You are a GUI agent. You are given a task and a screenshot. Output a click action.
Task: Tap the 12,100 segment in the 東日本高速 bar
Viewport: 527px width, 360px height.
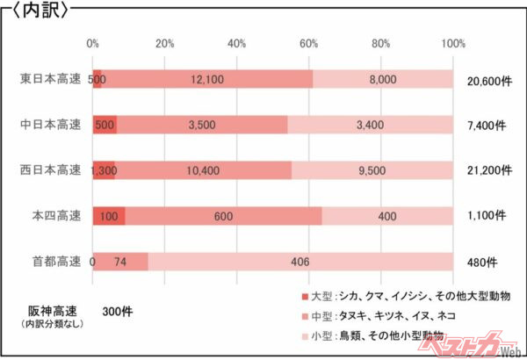coord(207,80)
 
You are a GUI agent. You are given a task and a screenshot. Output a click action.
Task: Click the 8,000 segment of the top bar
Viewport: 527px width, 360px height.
coord(383,80)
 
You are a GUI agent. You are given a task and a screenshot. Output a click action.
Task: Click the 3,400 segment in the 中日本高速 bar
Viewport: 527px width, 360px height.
coord(369,125)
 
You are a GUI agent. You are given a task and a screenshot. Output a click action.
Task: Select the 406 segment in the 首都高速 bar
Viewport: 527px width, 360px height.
coord(300,262)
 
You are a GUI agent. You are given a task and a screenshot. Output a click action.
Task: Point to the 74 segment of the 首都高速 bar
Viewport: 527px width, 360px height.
coord(121,262)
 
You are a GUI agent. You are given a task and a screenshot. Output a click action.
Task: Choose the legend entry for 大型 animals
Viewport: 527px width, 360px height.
coord(404,296)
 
